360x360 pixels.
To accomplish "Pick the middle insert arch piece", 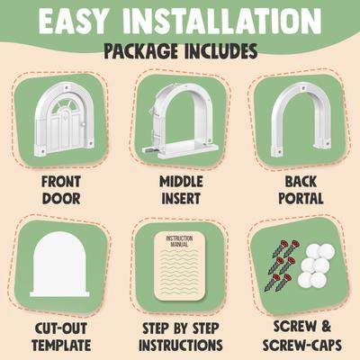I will [179, 121].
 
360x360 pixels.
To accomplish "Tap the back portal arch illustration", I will [297, 121].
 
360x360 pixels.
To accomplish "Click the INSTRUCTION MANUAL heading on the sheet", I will [179, 240].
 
